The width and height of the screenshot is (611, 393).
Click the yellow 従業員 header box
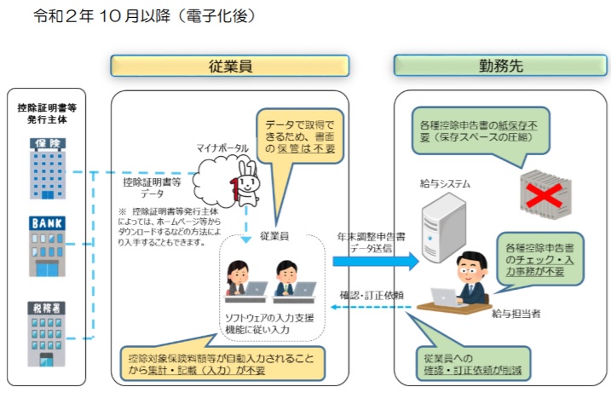click(x=229, y=66)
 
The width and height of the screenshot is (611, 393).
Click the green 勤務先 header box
click(x=500, y=66)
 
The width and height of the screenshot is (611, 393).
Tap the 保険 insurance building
click(x=48, y=169)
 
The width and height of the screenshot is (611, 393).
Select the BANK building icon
click(x=47, y=246)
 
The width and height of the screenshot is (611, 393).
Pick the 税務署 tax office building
click(x=46, y=333)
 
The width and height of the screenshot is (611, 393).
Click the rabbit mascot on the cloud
click(x=245, y=183)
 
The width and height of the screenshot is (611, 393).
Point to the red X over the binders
click(x=545, y=196)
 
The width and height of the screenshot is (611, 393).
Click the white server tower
click(x=443, y=228)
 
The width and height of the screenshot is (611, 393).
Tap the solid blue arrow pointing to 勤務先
click(x=376, y=261)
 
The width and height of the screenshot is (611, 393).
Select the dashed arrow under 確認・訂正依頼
click(x=371, y=307)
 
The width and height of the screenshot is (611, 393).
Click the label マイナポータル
click(x=222, y=148)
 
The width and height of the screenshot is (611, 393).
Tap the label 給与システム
click(x=445, y=183)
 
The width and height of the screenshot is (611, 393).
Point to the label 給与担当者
click(x=516, y=314)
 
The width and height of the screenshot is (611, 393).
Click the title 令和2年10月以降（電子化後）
click(x=145, y=16)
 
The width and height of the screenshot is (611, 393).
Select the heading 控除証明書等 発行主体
click(x=47, y=113)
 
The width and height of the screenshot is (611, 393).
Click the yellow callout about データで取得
click(x=300, y=136)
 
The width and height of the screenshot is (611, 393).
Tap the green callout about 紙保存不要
click(x=481, y=131)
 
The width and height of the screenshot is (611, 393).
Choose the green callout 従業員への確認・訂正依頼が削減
click(x=474, y=363)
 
